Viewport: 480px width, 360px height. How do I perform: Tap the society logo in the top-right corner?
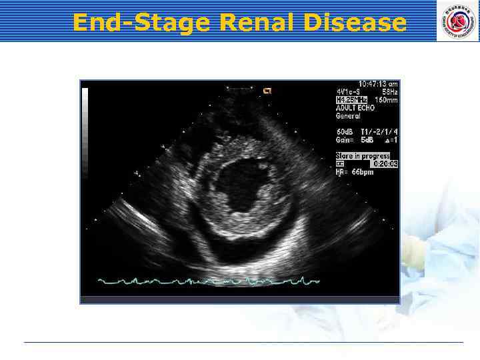point(457,21)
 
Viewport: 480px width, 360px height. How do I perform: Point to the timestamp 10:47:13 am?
point(378,84)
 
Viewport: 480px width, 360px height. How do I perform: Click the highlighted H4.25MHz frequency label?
point(351,100)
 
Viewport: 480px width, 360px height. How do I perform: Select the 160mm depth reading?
point(385,100)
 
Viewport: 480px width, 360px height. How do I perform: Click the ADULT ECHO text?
point(355,107)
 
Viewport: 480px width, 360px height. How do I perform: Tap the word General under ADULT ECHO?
point(348,115)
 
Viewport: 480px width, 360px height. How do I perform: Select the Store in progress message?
point(363,155)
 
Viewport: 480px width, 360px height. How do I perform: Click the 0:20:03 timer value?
point(385,163)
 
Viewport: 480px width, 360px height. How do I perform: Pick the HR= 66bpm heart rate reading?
point(355,171)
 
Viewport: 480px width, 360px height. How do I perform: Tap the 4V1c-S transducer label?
point(347,92)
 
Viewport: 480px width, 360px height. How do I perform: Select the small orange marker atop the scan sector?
point(267,91)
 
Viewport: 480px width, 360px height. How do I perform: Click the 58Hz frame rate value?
point(389,92)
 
